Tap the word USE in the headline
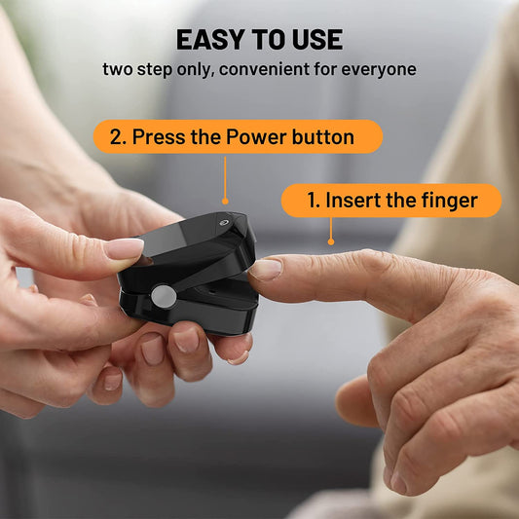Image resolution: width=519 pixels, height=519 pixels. coord(316,40)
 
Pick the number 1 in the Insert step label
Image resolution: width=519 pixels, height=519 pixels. coord(313,201)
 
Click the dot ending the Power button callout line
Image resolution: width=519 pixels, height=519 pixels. coord(225,203)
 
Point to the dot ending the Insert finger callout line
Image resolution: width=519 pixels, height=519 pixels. coord(331,242)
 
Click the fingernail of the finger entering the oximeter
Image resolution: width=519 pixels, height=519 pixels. coord(267,269)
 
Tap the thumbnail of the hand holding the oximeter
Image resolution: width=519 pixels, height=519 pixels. coord(125,248)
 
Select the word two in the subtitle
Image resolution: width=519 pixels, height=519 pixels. coord(118,70)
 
